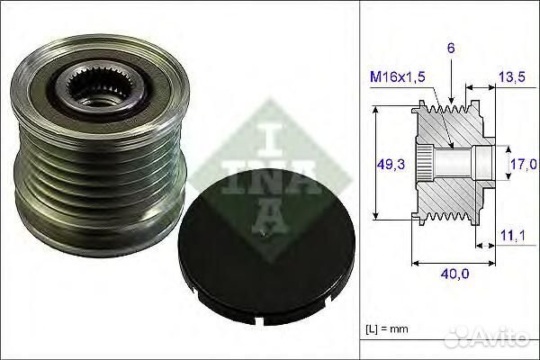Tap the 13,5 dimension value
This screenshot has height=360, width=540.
tap(510, 78)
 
